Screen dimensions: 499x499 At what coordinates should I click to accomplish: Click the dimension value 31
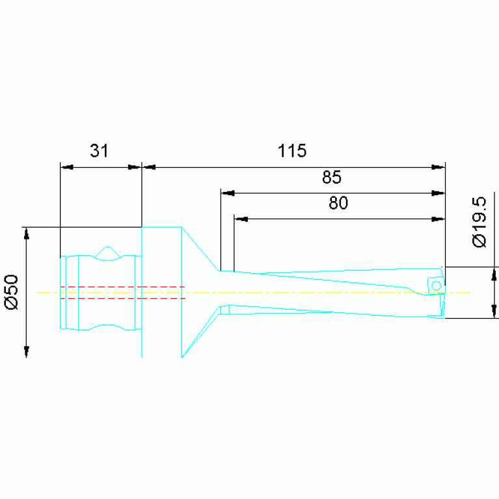tap(100, 150)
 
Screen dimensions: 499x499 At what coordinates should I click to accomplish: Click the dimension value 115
tap(292, 150)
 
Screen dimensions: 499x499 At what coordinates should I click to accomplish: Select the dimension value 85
tap(332, 177)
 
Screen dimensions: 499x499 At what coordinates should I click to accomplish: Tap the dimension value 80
tap(338, 203)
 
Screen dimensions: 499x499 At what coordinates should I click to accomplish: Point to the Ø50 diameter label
tap(12, 292)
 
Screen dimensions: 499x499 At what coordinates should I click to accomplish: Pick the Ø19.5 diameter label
tap(479, 222)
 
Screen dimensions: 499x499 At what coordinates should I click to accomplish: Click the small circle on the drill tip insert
tap(437, 286)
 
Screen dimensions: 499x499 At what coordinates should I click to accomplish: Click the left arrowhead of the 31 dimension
tap(67, 167)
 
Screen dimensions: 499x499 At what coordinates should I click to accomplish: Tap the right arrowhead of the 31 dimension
tap(134, 167)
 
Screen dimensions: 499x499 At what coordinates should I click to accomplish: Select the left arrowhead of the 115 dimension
tap(148, 167)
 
